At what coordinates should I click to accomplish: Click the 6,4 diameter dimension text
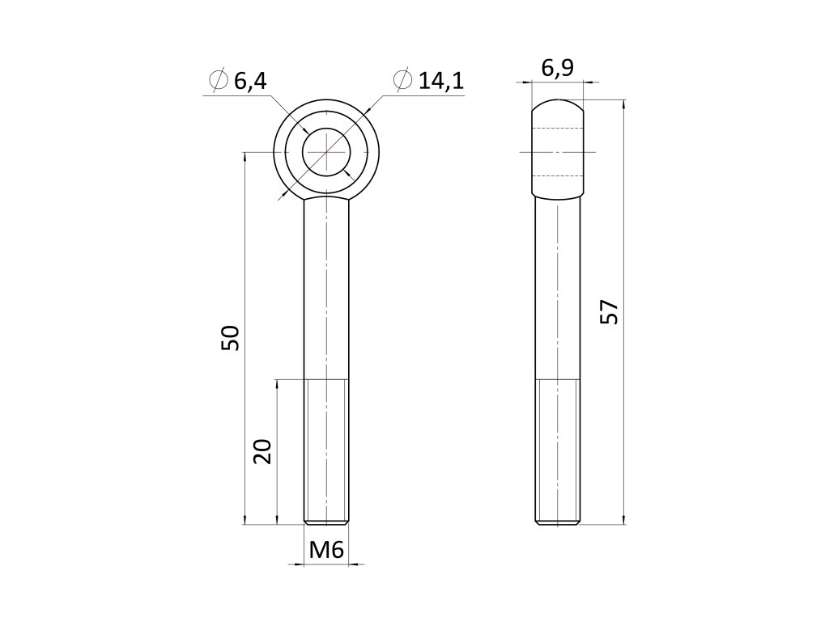(250, 82)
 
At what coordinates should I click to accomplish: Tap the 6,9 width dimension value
(557, 68)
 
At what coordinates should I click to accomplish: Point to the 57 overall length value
(609, 311)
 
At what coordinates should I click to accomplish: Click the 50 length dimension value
(231, 338)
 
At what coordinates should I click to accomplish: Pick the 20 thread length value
(262, 451)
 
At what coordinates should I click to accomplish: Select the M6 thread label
(326, 550)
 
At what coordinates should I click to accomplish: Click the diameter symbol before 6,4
(218, 81)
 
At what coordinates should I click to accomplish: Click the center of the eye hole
(326, 152)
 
